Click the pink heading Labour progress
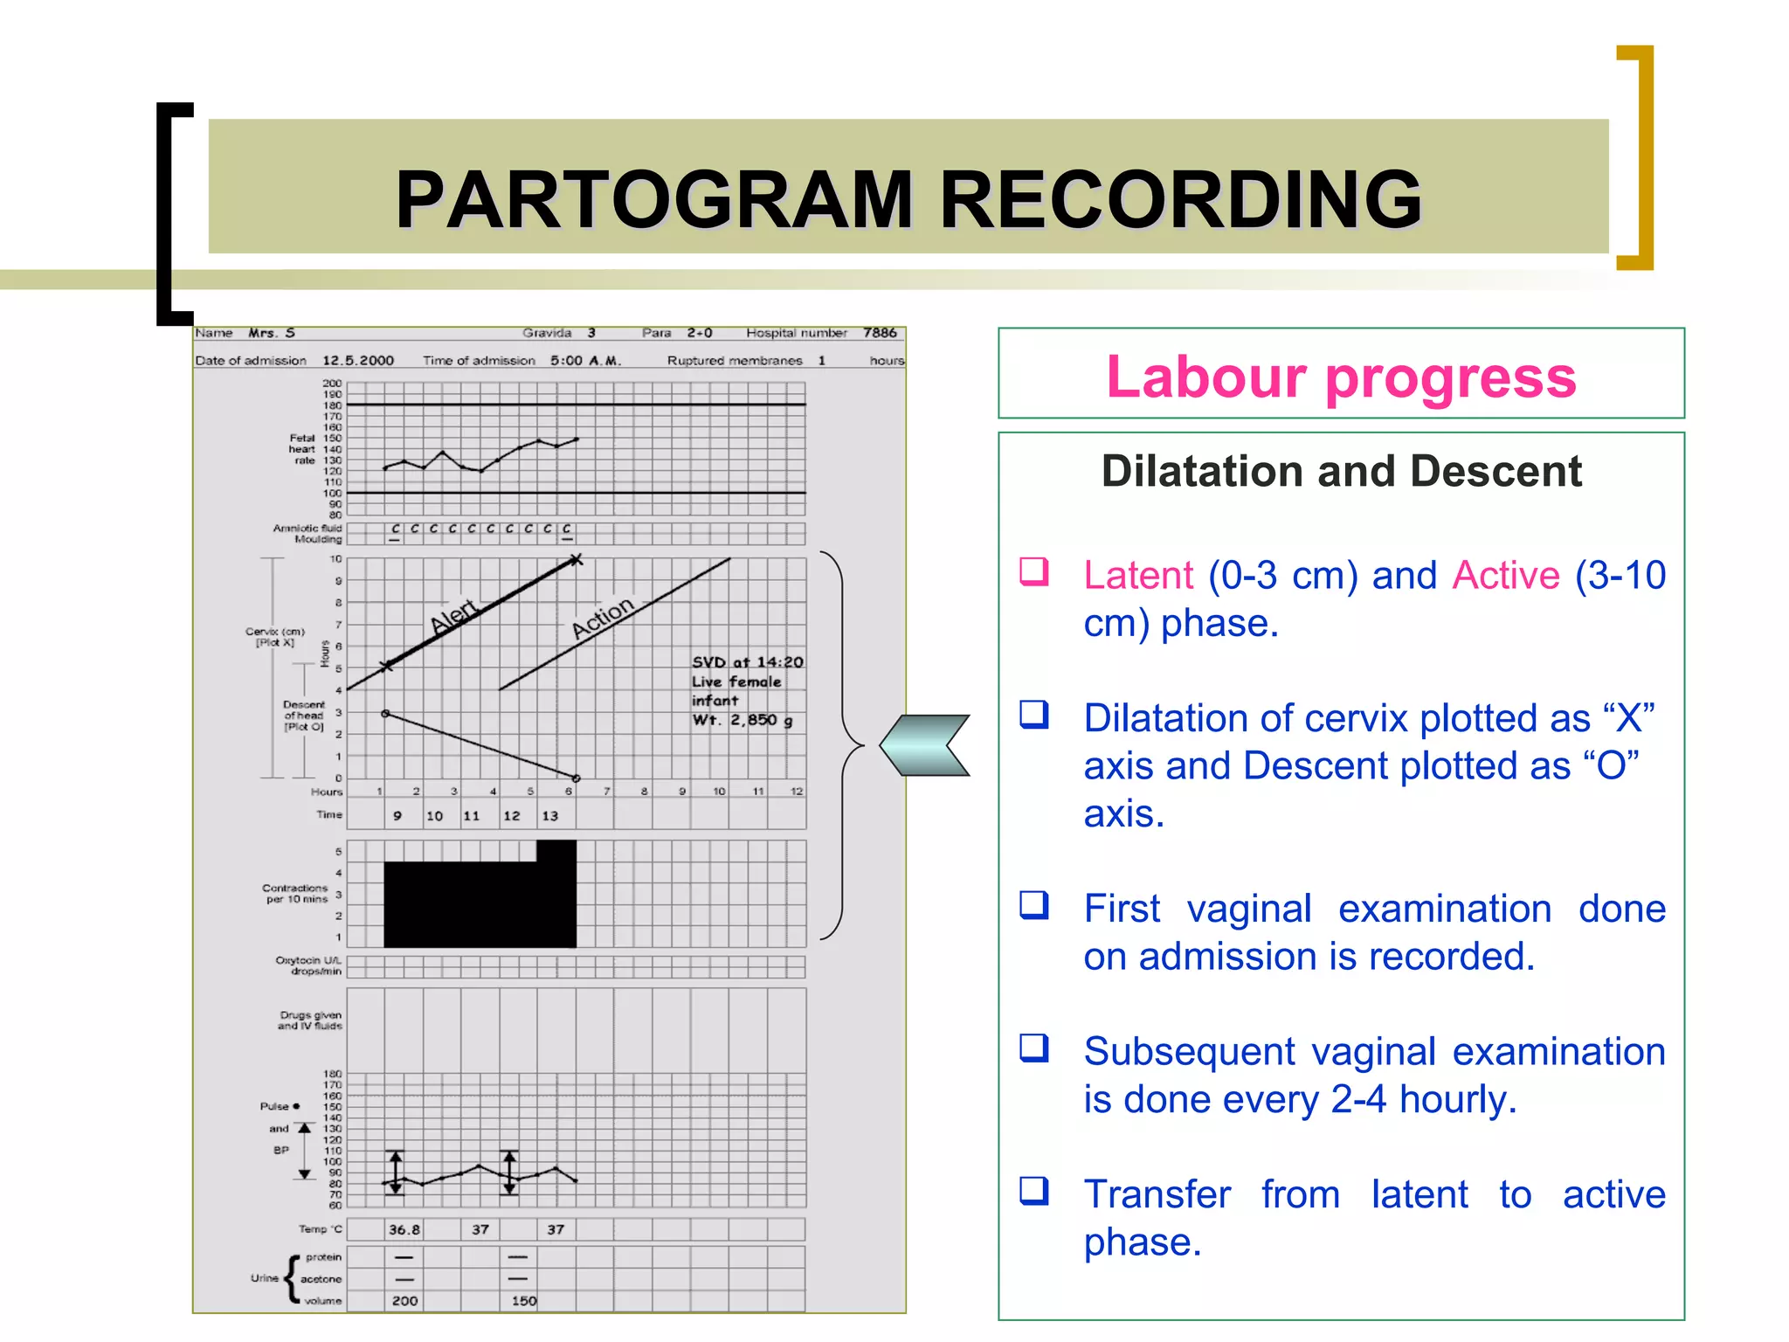(1341, 377)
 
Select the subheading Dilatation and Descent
(1341, 472)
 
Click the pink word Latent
(1137, 576)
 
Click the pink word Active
(1506, 576)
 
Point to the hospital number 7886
(880, 333)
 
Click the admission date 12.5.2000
(358, 361)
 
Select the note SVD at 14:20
(747, 662)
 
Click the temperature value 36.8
(404, 1229)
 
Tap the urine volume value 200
(404, 1301)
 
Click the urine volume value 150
(523, 1301)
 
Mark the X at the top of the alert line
(576, 560)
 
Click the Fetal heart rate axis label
(303, 449)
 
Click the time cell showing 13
(549, 816)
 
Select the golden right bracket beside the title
(1639, 157)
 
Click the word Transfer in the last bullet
(1157, 1194)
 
